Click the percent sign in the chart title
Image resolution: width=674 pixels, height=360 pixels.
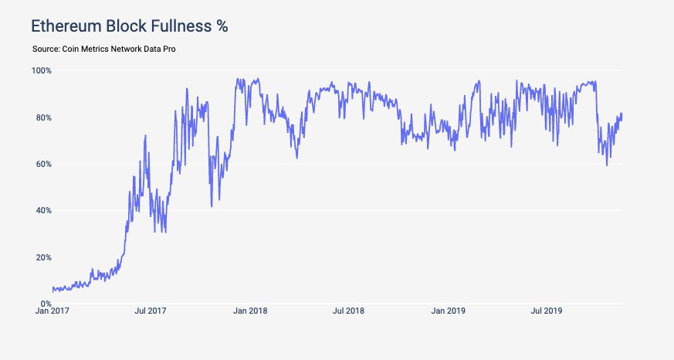coord(222,26)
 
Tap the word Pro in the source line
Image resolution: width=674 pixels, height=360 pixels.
coord(180,49)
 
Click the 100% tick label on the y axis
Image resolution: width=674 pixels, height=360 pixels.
coord(41,71)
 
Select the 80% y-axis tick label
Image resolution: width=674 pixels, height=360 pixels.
coord(42,117)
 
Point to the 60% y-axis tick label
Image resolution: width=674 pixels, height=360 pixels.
coord(42,164)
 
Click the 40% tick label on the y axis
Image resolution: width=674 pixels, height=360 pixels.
coord(42,210)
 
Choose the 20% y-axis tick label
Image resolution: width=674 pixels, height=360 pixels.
coord(42,257)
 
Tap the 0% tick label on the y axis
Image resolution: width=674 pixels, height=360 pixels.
coord(45,304)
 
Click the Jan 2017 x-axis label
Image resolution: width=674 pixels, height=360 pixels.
coord(52,311)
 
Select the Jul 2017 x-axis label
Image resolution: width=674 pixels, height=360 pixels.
coord(151,311)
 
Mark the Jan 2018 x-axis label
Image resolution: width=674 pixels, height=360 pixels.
coord(251,311)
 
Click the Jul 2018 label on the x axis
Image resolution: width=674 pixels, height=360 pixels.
coord(349,311)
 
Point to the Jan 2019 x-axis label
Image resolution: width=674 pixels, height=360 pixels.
coord(449,311)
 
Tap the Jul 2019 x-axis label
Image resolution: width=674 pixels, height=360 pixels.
coord(547,311)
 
